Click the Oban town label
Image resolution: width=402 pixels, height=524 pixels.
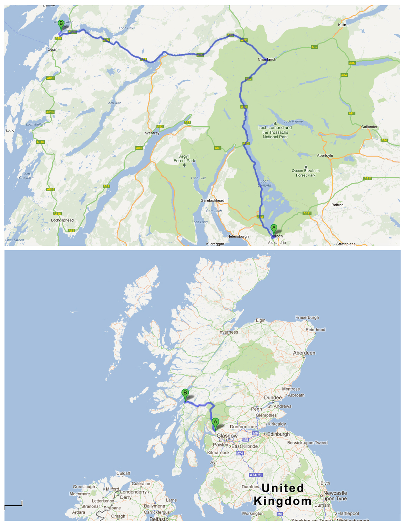52,49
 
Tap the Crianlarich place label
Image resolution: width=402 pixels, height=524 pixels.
267,59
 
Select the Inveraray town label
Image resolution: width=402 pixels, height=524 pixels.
152,133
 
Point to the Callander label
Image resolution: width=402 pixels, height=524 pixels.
369,127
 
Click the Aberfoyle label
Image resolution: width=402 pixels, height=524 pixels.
325,156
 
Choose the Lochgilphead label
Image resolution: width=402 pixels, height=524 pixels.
62,220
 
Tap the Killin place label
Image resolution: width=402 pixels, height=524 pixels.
342,25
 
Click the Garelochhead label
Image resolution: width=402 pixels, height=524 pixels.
212,200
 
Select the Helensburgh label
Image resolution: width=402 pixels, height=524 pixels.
238,236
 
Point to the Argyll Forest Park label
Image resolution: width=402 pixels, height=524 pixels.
184,159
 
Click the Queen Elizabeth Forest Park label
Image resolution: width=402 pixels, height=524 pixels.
306,173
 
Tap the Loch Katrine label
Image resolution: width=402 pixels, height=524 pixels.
293,121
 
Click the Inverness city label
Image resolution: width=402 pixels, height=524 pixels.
228,332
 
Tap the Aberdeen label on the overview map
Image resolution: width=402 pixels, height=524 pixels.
304,353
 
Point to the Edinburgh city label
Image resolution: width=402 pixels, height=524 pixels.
278,434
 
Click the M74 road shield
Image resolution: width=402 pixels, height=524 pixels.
240,453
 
